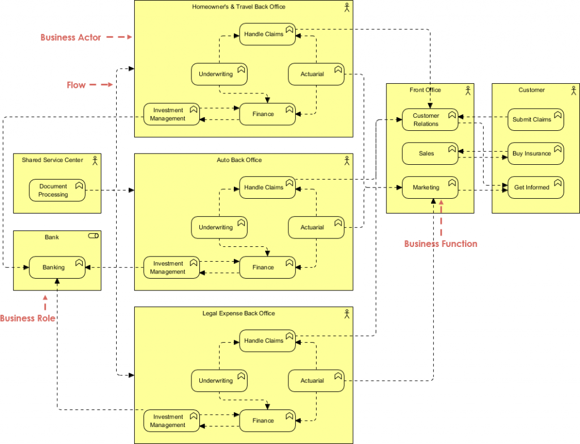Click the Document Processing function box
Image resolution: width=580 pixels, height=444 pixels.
57,190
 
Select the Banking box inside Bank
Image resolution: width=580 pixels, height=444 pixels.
57,267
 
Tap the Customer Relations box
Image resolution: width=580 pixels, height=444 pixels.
429,119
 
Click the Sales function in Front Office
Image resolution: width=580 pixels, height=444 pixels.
429,153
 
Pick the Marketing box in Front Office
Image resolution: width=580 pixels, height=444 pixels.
429,187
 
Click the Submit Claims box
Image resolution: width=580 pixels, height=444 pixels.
535,119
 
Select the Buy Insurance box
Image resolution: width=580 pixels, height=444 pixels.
535,153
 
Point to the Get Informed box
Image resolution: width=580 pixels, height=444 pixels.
535,187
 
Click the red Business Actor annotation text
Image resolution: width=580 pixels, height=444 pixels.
71,37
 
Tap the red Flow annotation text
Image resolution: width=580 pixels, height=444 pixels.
76,85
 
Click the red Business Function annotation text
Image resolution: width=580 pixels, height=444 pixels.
441,244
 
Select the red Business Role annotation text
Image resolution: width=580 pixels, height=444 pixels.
28,318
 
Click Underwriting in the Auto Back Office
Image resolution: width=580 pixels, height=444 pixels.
219,227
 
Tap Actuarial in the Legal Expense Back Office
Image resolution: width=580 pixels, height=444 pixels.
316,381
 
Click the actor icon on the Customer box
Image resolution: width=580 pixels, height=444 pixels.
573,90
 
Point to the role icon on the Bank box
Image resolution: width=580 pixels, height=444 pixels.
93,237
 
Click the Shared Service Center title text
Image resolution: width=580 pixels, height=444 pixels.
52,160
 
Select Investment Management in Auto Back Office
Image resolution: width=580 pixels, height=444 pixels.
171,267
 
